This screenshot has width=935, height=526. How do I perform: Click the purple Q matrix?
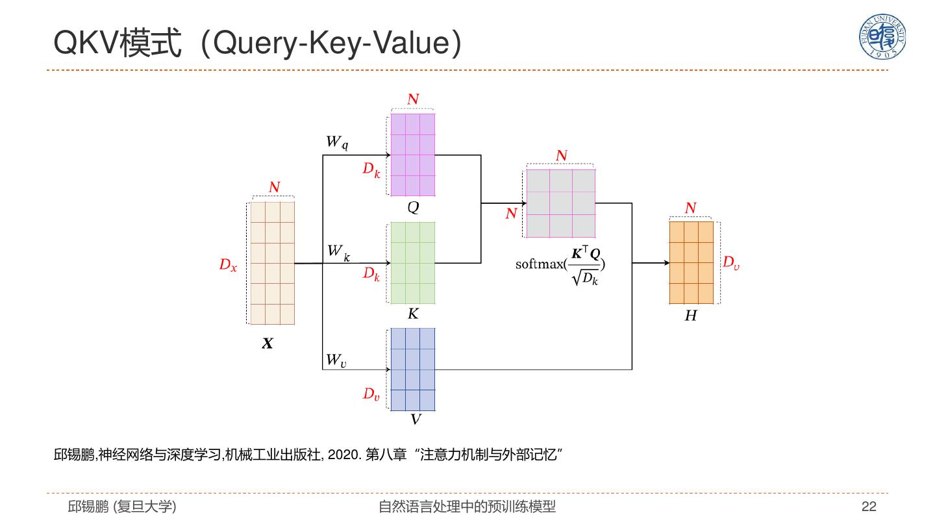[x=412, y=155]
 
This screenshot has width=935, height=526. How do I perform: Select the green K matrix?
[x=412, y=263]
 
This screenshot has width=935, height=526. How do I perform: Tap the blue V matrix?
[x=412, y=369]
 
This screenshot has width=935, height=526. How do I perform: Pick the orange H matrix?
[x=691, y=262]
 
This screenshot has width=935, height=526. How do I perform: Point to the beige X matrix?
[x=272, y=263]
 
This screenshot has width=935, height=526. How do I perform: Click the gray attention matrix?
[x=560, y=203]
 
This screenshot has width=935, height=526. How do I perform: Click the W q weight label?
[x=336, y=142]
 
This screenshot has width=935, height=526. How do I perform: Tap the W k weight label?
[x=338, y=251]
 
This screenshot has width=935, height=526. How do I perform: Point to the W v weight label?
[x=336, y=359]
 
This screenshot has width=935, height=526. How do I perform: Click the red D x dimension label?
[x=228, y=265]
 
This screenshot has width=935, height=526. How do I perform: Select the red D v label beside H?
[x=731, y=262]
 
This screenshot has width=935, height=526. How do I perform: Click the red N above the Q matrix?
[x=413, y=99]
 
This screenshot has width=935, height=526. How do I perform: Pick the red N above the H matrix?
[x=690, y=208]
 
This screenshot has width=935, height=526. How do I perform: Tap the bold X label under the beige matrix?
[x=268, y=344]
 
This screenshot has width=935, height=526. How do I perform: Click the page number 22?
[x=869, y=507]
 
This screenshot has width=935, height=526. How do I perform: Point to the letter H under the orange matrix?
[x=691, y=316]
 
